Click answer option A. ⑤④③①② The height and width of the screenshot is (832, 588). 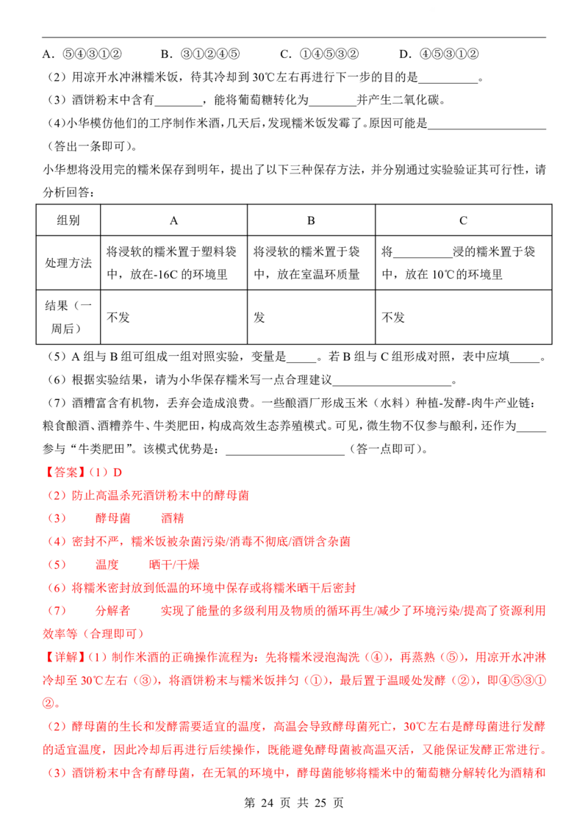(82, 54)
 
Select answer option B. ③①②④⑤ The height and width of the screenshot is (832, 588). (200, 54)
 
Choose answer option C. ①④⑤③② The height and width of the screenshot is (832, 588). (320, 54)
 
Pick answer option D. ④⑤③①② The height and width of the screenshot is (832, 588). (439, 54)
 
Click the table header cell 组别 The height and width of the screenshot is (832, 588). (68, 220)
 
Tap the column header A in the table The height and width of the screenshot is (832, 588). (173, 220)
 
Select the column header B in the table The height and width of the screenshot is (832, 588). (311, 220)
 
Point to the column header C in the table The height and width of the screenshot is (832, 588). (463, 220)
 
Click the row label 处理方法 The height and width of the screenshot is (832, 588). (68, 263)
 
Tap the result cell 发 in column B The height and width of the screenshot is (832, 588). (259, 318)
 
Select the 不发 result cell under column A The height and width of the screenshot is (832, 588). (118, 318)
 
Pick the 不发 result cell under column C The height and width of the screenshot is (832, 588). (393, 318)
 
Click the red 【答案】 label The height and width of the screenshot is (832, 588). (64, 473)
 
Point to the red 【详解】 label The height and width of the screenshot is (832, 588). (64, 657)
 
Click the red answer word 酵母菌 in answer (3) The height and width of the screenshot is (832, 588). (113, 518)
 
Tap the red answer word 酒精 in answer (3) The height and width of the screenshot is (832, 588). (173, 518)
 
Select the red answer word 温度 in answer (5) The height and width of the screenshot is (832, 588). (107, 564)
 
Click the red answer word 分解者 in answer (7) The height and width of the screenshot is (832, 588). (113, 611)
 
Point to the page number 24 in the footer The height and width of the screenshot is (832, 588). (267, 803)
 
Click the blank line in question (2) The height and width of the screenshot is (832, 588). (448, 82)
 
